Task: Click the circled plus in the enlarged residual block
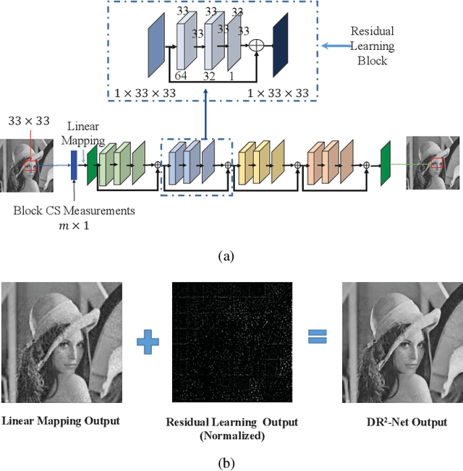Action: pos(255,45)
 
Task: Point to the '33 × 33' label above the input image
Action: pos(29,121)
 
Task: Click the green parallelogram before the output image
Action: pos(386,164)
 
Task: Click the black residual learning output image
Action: pos(231,341)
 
